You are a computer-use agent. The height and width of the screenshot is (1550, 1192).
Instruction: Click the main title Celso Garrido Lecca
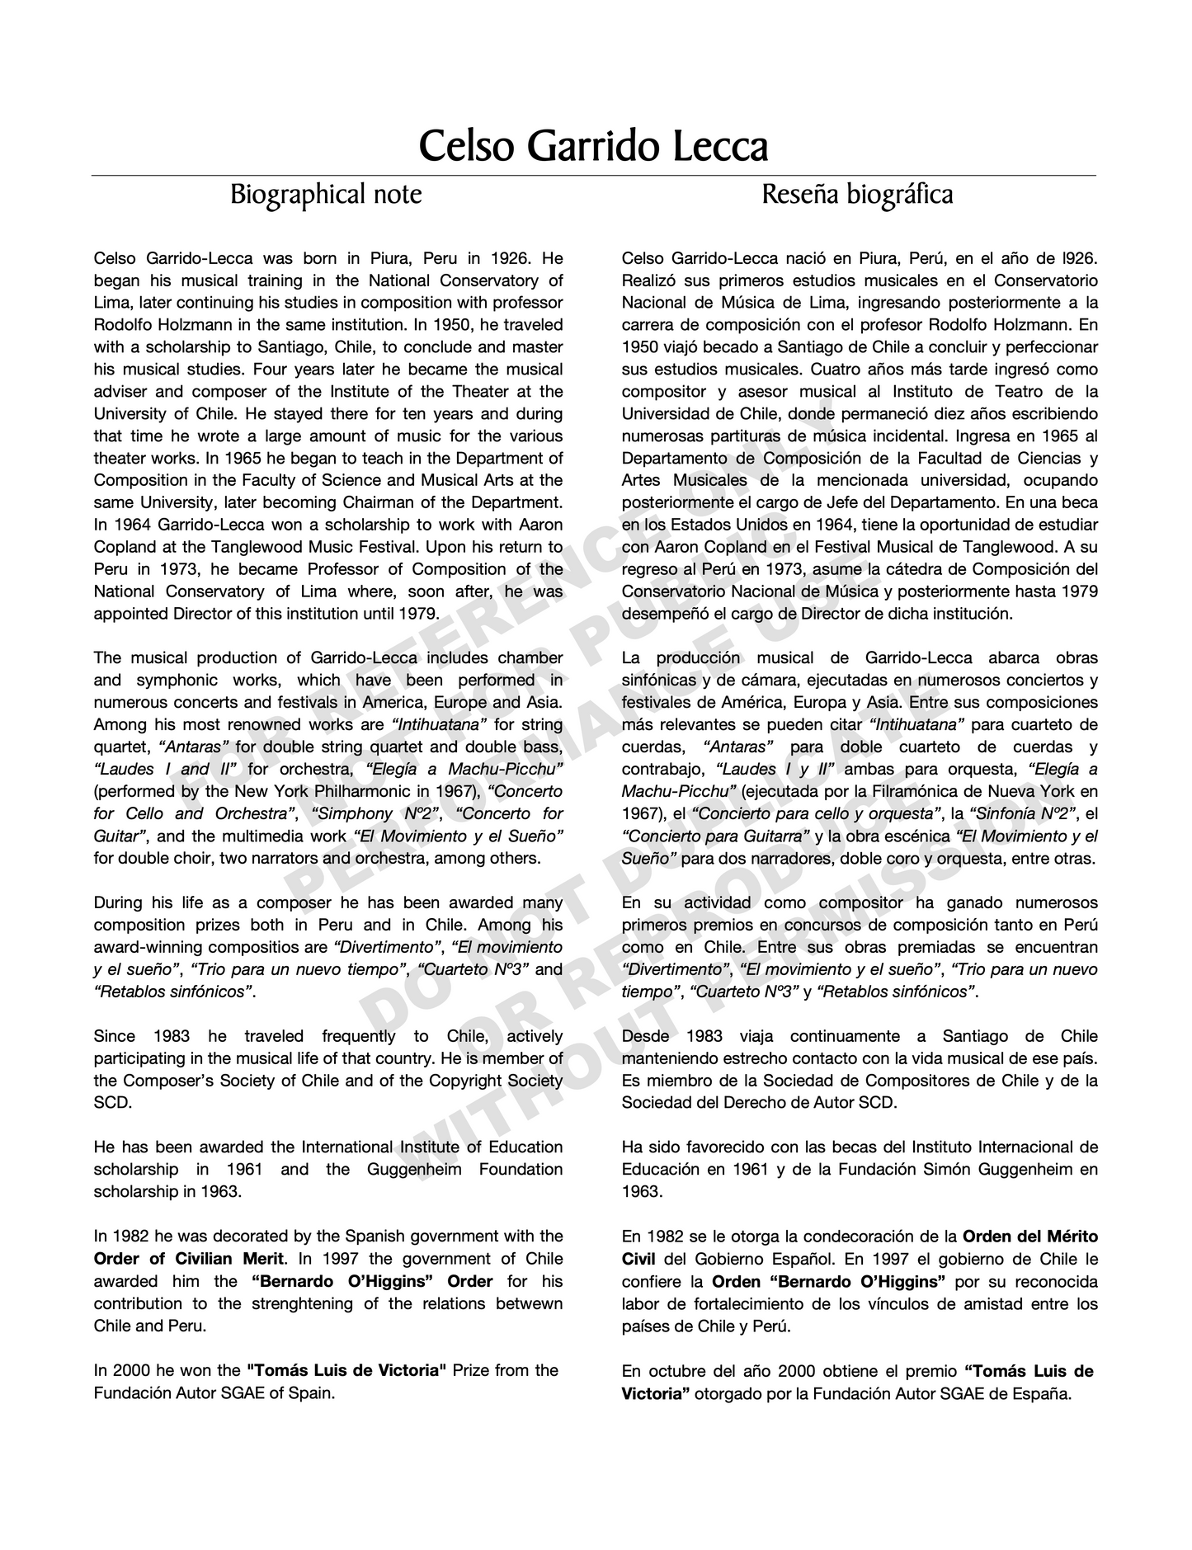point(593,146)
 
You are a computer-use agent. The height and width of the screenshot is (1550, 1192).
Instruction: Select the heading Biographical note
point(326,195)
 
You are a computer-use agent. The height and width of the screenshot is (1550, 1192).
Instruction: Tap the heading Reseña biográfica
point(857,195)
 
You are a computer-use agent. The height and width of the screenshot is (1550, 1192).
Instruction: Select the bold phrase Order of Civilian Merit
point(189,1259)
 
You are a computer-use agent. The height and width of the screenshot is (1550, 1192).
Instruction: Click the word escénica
point(915,836)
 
